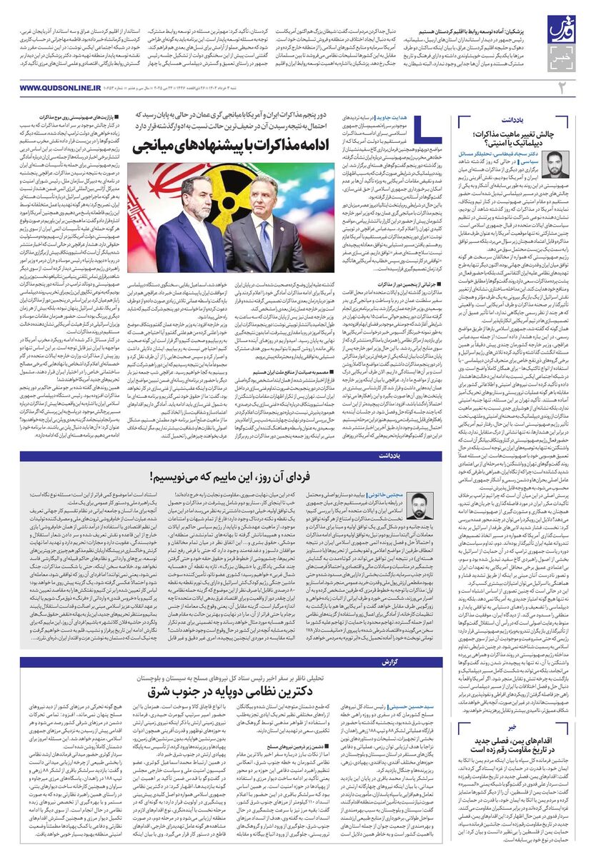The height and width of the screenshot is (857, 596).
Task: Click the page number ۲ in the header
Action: coord(562,87)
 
